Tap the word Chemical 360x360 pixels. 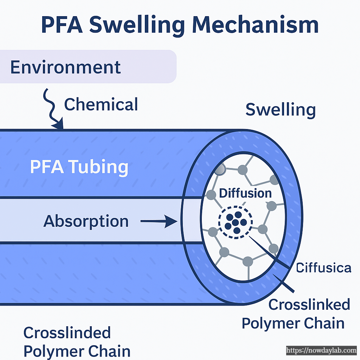(101, 105)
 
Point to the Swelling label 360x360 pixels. (280, 110)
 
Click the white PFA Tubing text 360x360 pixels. (79, 167)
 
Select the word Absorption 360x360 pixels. (86, 221)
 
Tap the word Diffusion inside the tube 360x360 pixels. (245, 193)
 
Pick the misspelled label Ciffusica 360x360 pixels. (323, 268)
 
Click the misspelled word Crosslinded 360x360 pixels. (67, 333)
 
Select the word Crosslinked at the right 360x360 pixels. (309, 304)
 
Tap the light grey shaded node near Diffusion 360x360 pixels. (220, 170)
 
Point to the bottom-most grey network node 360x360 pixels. (248, 261)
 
